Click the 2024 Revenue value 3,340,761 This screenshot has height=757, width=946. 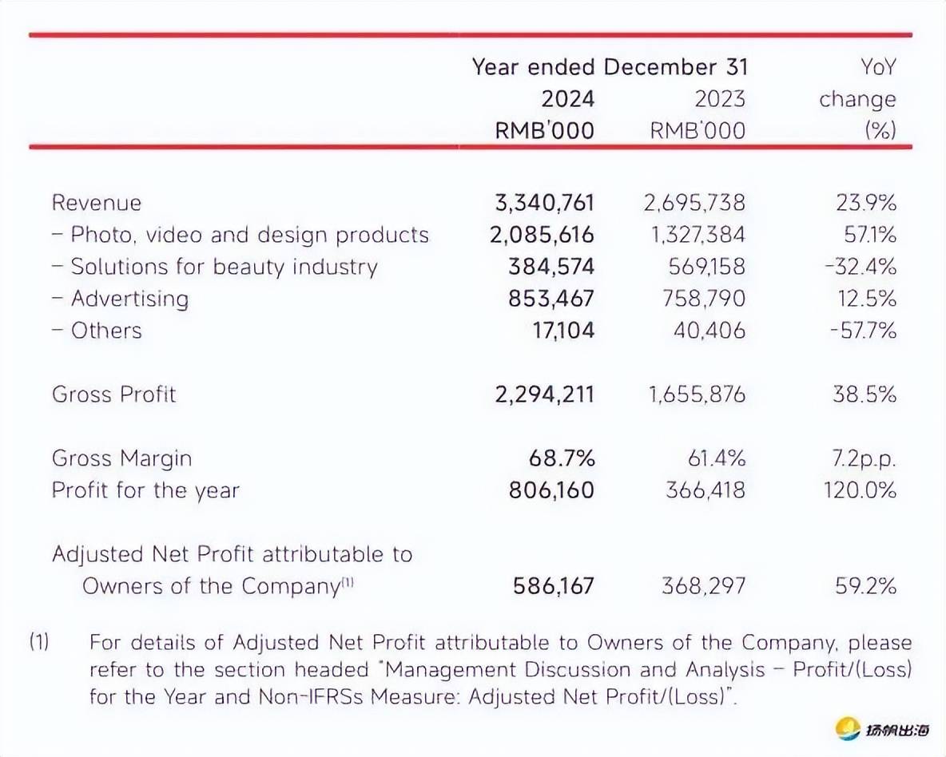[x=545, y=203]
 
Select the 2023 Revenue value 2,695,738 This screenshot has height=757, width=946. [x=694, y=203]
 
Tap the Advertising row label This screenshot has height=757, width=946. [x=129, y=299]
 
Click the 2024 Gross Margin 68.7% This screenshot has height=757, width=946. [x=561, y=458]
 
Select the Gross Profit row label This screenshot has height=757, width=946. [x=113, y=394]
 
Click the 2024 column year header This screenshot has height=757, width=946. [x=568, y=99]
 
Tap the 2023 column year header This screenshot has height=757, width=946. [x=719, y=99]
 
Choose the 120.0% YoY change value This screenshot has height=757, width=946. [x=860, y=490]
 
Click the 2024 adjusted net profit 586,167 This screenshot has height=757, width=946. [x=553, y=586]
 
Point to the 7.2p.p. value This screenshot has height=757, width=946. [x=864, y=458]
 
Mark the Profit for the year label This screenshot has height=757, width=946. [x=145, y=490]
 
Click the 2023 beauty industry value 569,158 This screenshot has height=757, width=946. [x=706, y=267]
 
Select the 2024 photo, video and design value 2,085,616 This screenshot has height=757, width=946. [x=545, y=235]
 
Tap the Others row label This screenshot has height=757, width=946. [x=105, y=331]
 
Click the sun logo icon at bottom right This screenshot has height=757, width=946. [x=847, y=728]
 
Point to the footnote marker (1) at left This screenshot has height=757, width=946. [x=40, y=642]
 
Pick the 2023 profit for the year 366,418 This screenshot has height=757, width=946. [x=706, y=490]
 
